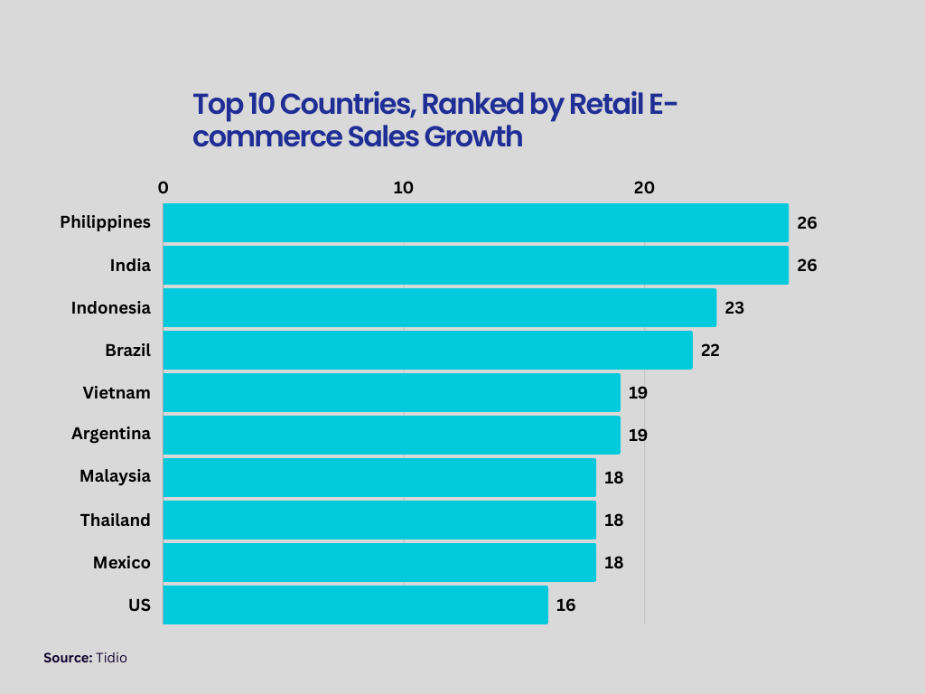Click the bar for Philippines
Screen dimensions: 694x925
[475, 222]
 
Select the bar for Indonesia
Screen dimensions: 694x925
[439, 307]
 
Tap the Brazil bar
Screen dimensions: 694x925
[427, 350]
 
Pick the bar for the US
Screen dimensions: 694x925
[355, 605]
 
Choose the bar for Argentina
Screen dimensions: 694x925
[391, 435]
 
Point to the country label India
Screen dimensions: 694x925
[130, 265]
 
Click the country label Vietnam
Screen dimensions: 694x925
[117, 392]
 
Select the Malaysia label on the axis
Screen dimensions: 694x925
[115, 476]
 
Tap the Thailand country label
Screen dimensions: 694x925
[115, 520]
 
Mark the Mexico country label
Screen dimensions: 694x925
[122, 562]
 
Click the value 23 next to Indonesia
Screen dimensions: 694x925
[734, 307]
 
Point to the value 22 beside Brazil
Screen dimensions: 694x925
[710, 350]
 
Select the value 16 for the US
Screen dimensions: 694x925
[565, 605]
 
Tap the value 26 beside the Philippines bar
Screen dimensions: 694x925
[807, 222]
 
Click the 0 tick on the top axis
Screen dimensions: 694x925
[163, 188]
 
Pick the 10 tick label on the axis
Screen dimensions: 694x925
[403, 188]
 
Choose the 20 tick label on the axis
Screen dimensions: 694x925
[643, 188]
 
